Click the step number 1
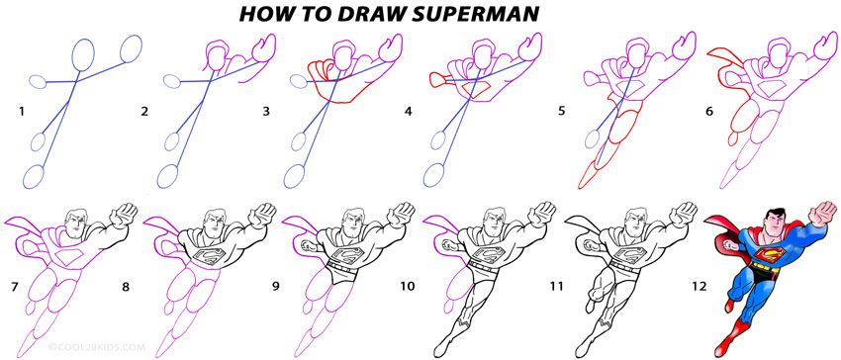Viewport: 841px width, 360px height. coord(21,113)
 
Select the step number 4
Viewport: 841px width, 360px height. coord(408,113)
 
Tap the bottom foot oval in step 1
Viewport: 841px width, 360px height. coord(36,176)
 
